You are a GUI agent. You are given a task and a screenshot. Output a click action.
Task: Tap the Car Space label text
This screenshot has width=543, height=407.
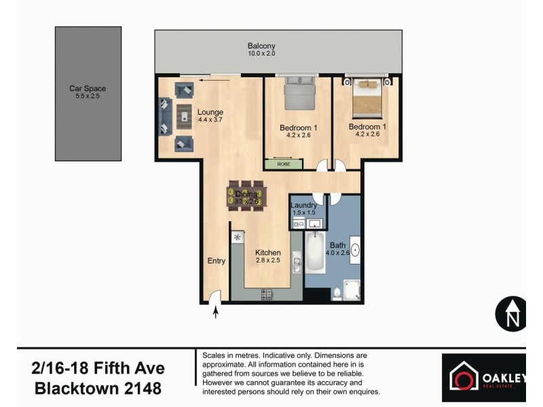coord(88,92)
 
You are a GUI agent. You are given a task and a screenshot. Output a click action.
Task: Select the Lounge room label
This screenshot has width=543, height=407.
coord(210,115)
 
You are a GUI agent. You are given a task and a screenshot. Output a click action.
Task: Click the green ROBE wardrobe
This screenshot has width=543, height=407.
coord(283,164)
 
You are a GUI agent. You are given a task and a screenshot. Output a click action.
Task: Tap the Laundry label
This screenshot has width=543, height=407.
coord(303,208)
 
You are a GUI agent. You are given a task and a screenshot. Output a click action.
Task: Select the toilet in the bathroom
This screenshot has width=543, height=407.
coord(337,292)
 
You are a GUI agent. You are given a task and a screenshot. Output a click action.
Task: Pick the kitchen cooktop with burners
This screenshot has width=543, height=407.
coord(267,294)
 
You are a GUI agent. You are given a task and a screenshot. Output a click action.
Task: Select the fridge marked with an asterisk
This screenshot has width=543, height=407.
coord(238,237)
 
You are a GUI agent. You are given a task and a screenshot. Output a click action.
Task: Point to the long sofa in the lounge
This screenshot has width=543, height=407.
coord(164,116)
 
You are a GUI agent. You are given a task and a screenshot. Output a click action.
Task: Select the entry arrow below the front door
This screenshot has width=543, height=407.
coord(217,312)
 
